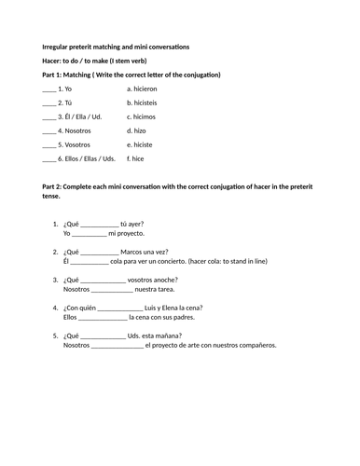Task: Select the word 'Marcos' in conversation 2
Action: [x=135, y=252]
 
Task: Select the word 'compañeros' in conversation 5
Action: [x=281, y=345]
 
